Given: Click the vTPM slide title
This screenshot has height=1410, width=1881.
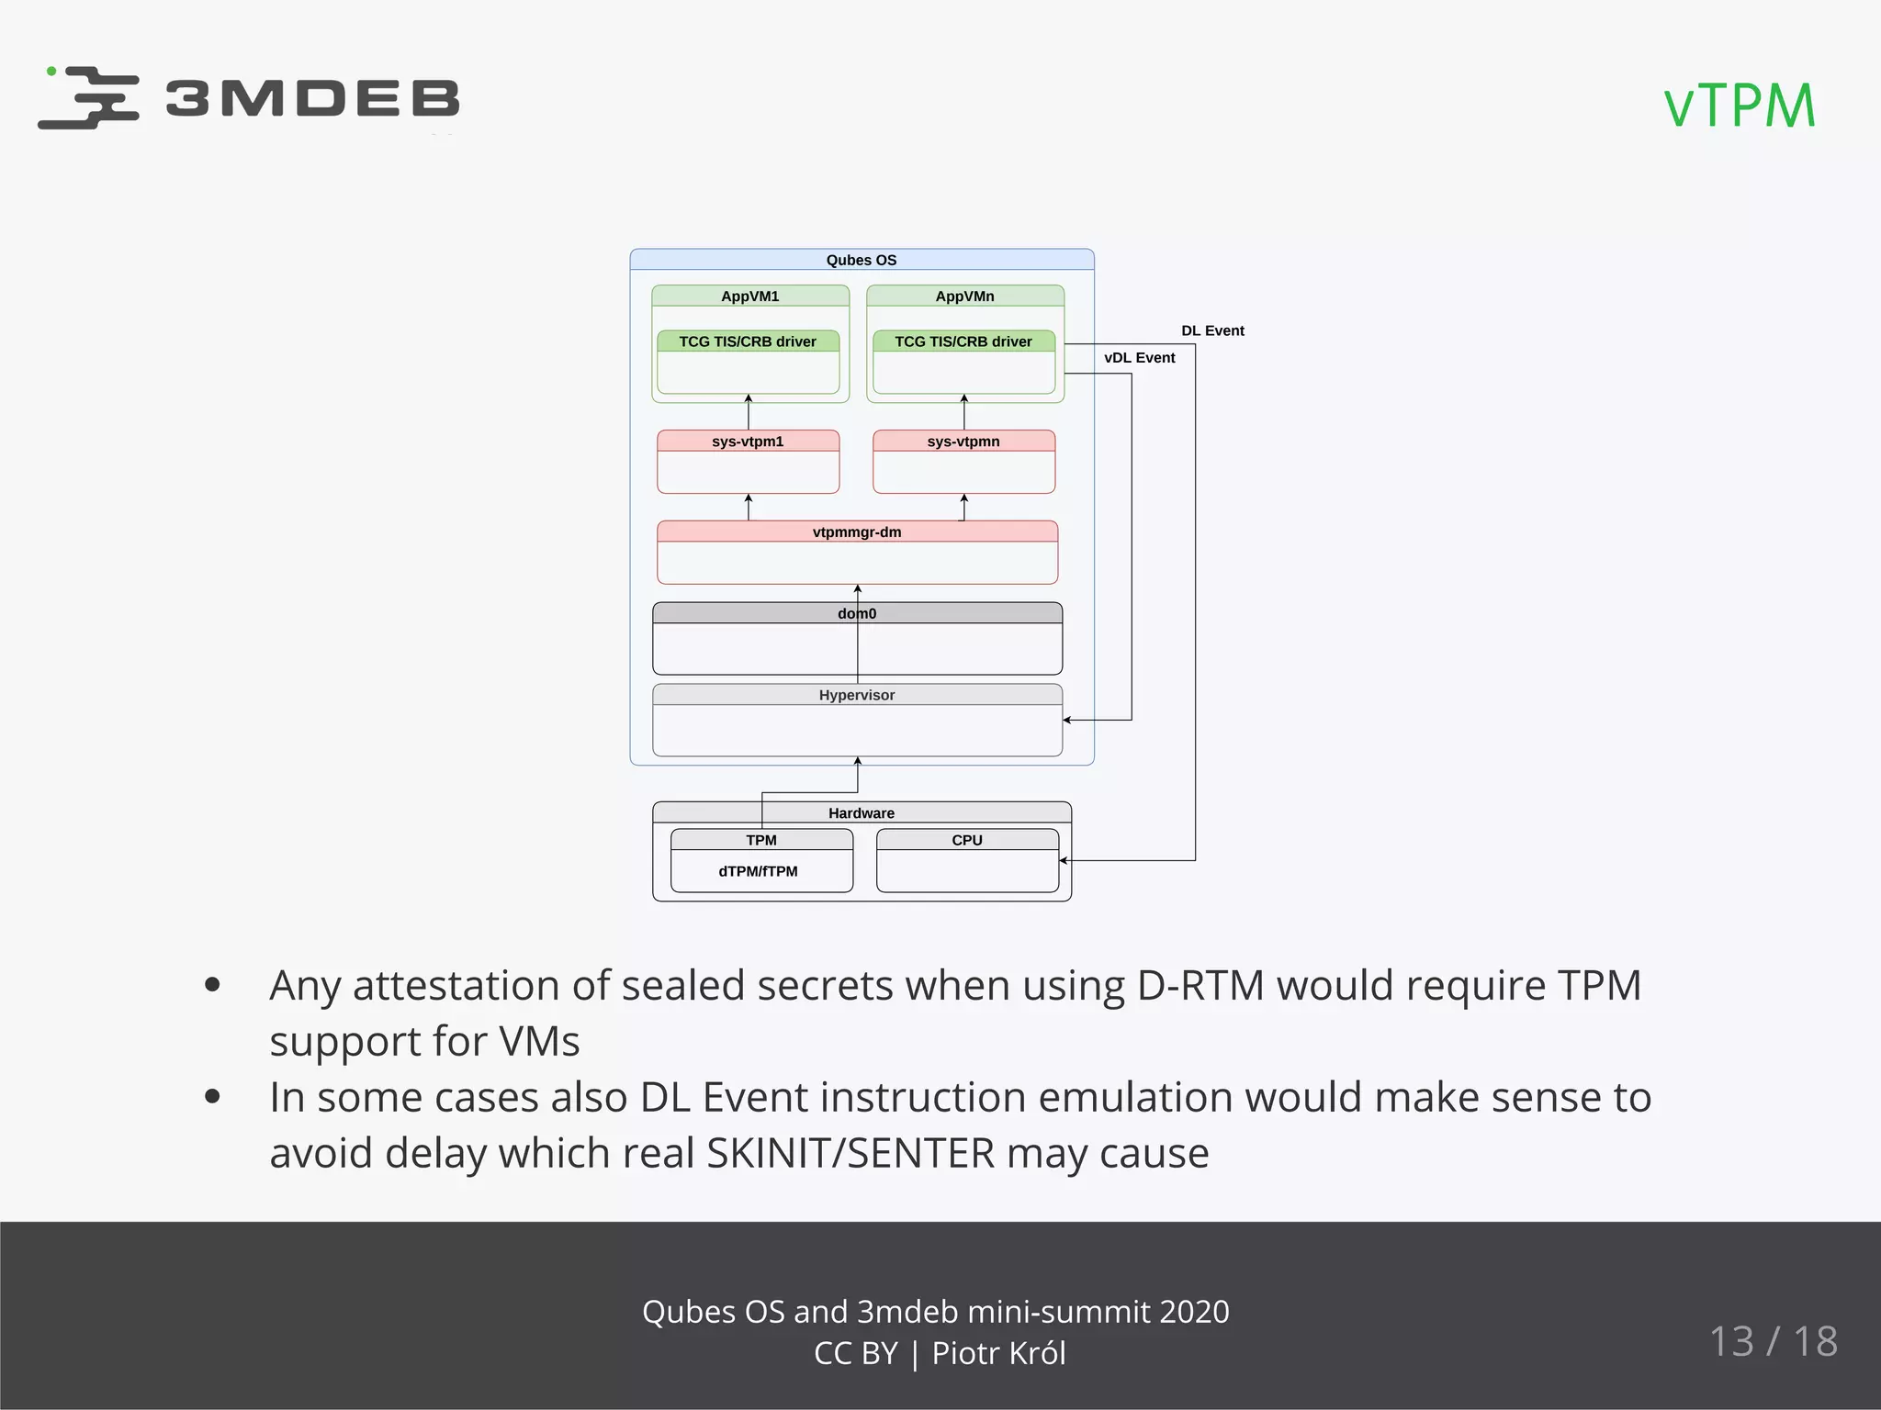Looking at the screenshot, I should pyautogui.click(x=1740, y=106).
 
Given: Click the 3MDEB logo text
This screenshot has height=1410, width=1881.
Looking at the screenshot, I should pyautogui.click(x=312, y=99).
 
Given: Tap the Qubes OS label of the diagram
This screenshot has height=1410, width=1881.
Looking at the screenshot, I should pyautogui.click(x=861, y=260).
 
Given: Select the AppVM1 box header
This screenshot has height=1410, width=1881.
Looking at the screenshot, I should pyautogui.click(x=749, y=296).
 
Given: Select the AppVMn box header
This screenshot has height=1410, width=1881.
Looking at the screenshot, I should pyautogui.click(x=964, y=296).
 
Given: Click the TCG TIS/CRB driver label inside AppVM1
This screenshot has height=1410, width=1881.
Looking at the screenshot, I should pyautogui.click(x=748, y=341).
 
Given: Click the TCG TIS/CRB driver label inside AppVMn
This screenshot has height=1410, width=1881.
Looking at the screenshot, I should pyautogui.click(x=963, y=341).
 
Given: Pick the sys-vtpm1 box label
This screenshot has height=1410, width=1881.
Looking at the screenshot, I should pyautogui.click(x=748, y=442).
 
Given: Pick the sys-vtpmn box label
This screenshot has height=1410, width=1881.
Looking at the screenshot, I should pyautogui.click(x=963, y=442).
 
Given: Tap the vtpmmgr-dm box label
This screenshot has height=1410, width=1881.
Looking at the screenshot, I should pyautogui.click(x=857, y=532).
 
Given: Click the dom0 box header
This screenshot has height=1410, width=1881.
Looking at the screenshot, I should pyautogui.click(x=857, y=613).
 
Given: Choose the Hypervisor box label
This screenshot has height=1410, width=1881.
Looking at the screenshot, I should pyautogui.click(x=857, y=695).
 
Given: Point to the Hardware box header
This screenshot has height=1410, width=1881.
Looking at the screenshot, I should pyautogui.click(x=861, y=813).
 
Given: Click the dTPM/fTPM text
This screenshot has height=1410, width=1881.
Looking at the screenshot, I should pyautogui.click(x=758, y=871).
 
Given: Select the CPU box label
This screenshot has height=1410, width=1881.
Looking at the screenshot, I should pyautogui.click(x=967, y=840).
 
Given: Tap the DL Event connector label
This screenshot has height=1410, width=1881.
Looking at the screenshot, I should pyautogui.click(x=1212, y=330).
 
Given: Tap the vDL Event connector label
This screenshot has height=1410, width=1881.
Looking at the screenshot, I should pyautogui.click(x=1139, y=358).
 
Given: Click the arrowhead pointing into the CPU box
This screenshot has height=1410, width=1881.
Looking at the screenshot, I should pyautogui.click(x=1064, y=861).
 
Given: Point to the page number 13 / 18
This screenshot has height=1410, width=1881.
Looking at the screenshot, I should pyautogui.click(x=1774, y=1341).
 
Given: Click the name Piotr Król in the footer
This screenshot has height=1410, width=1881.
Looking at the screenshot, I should pyautogui.click(x=998, y=1353).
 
